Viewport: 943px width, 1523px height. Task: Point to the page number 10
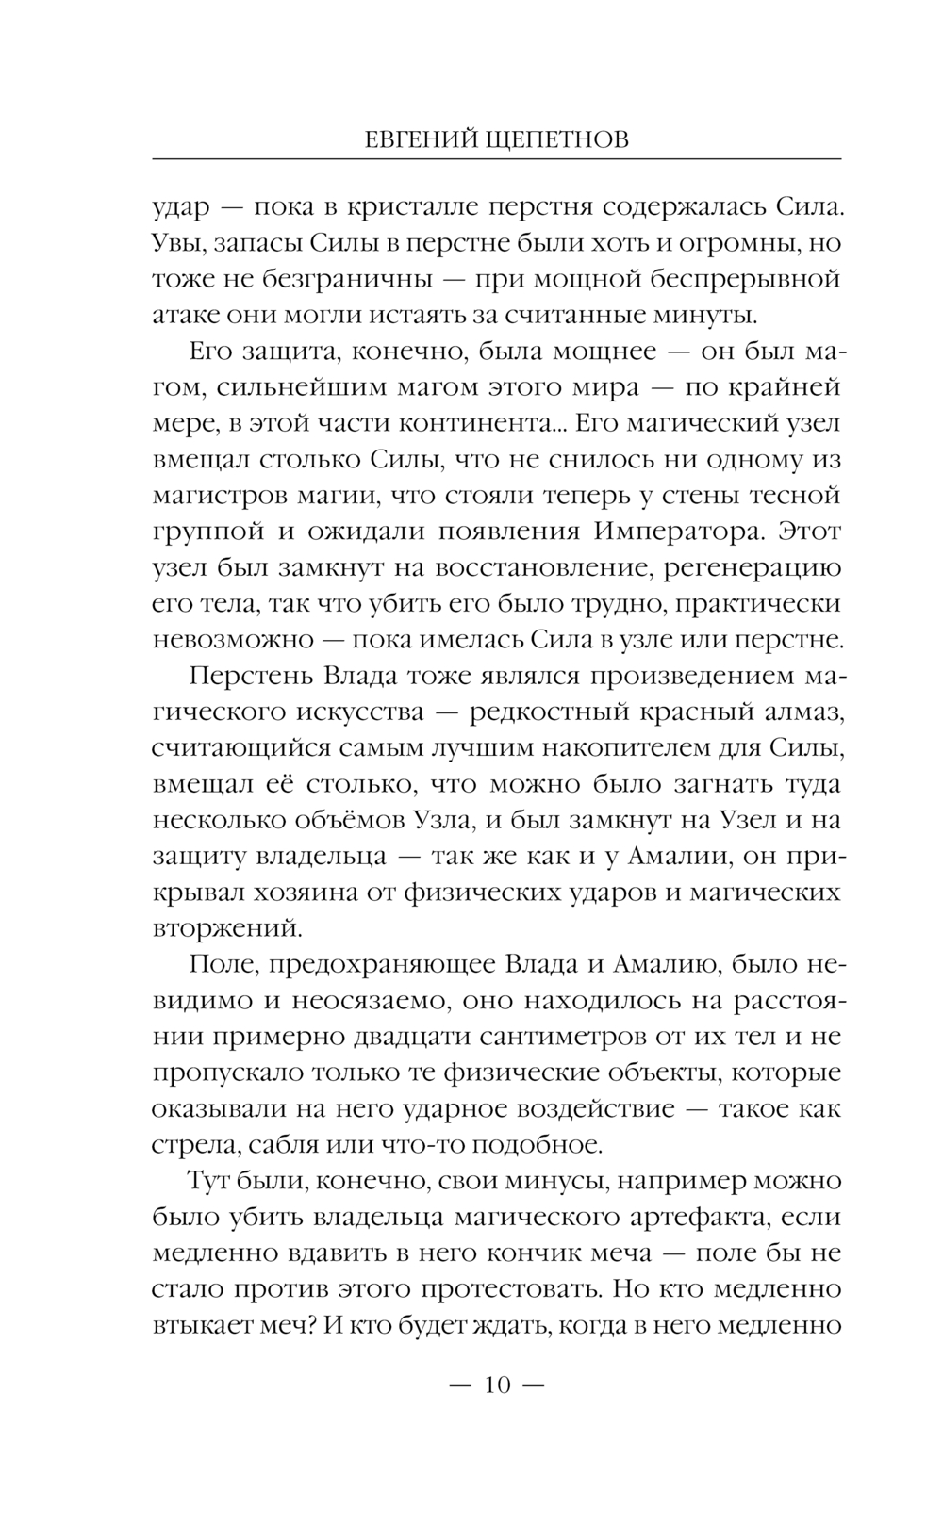(x=496, y=1384)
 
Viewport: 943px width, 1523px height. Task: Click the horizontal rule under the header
(x=496, y=157)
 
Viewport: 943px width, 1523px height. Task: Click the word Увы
(x=177, y=243)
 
